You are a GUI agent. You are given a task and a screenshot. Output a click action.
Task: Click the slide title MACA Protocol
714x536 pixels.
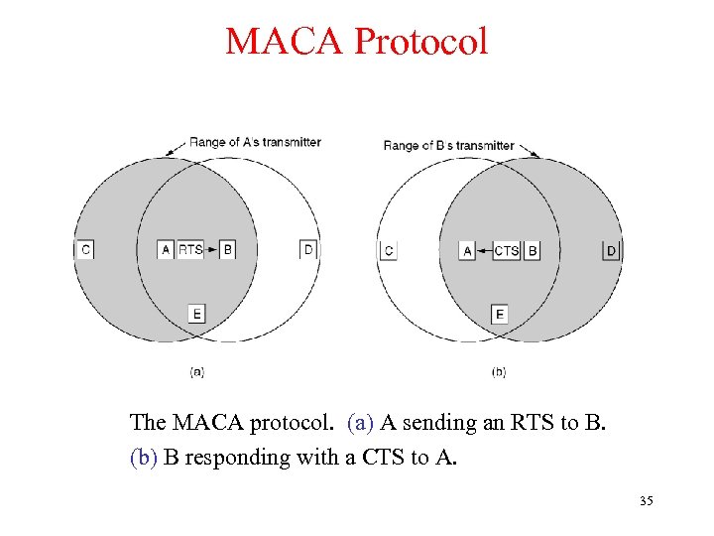click(356, 42)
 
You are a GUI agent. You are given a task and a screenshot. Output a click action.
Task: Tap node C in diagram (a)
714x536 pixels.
click(85, 249)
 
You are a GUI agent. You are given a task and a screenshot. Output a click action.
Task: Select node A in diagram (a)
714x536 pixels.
click(167, 249)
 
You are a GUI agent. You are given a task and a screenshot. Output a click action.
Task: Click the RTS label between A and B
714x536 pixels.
click(190, 249)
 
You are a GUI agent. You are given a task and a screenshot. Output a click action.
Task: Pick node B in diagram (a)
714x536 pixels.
click(227, 249)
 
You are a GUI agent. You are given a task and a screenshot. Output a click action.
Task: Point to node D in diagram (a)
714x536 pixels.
click(308, 249)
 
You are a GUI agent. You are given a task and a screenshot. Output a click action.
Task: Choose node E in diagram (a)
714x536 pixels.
click(196, 314)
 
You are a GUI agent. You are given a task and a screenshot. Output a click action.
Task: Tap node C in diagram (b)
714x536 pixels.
click(389, 250)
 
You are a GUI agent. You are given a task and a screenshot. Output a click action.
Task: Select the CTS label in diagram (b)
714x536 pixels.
click(506, 250)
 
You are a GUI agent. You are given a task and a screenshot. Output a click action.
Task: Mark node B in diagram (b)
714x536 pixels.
click(533, 250)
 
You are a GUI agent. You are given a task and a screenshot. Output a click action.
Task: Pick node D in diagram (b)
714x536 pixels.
click(611, 250)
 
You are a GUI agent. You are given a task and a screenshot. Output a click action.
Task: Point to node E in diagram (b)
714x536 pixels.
click(500, 314)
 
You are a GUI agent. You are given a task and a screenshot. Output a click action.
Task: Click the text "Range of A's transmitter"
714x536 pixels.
click(255, 142)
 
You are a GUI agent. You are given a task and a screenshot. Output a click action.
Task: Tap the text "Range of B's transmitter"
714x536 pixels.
click(449, 146)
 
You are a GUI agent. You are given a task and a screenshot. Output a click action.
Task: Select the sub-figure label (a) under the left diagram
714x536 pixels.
click(196, 372)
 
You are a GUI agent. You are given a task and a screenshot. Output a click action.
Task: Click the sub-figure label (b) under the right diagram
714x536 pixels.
click(499, 372)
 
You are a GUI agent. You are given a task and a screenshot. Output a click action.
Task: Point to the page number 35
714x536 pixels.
click(646, 501)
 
